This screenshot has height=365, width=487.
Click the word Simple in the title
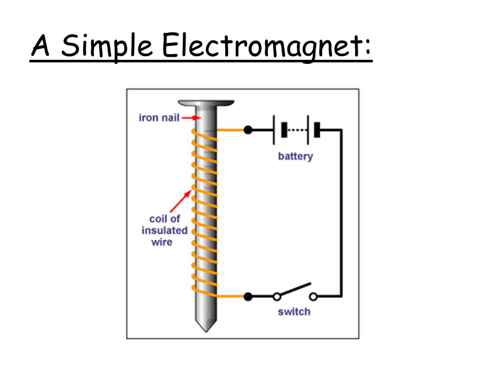pos(107,47)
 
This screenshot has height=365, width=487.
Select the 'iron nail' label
pos(159,118)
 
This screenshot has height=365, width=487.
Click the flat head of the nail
pos(206,103)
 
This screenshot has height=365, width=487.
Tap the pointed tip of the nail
pos(205,327)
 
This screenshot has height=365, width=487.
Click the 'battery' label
pos(295,156)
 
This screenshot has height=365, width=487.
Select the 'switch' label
pos(294,311)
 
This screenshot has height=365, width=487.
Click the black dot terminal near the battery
pos(248,130)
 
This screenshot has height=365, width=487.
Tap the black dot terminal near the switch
pos(248,296)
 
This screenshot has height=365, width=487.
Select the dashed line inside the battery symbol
pos(298,130)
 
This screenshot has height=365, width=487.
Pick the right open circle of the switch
pos(314,296)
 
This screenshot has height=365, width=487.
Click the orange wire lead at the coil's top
pos(231,130)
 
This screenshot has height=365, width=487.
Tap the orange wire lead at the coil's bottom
pos(231,296)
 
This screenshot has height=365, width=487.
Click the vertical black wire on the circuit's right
pos(341,213)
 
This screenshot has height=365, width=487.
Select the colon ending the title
pos(368,48)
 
